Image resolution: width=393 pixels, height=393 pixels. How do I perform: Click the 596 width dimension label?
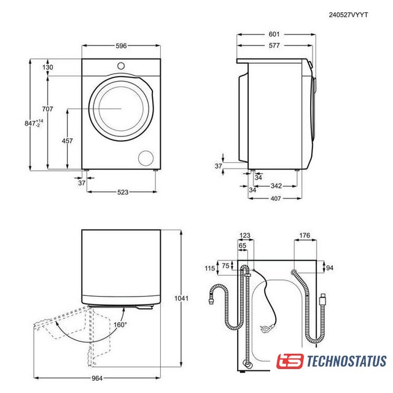tap(121, 46)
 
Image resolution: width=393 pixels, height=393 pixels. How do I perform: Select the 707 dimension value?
tap(48, 109)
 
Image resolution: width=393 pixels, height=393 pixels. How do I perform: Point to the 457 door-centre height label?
tap(67, 141)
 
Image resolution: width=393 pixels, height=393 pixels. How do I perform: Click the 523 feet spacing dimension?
tap(123, 192)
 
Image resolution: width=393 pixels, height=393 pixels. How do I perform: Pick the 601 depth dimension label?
tap(274, 34)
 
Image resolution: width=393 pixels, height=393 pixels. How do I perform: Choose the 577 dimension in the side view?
tap(274, 45)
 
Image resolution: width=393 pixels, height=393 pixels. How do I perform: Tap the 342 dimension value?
tap(276, 186)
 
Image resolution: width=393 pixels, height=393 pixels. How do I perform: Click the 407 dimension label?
tap(276, 198)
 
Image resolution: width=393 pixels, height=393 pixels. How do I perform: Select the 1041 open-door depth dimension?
tap(182, 298)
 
